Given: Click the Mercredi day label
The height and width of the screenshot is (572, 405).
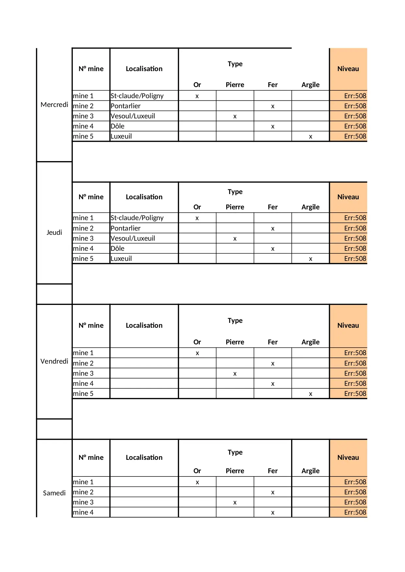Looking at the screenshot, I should [54, 105].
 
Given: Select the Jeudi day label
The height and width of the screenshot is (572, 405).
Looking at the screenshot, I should [54, 233].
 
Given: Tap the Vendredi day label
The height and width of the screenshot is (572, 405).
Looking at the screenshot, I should [54, 361].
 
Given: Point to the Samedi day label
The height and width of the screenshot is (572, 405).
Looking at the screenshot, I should [54, 493].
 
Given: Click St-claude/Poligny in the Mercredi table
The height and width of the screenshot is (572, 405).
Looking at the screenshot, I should [137, 96].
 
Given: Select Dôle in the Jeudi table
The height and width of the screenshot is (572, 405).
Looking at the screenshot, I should [117, 248].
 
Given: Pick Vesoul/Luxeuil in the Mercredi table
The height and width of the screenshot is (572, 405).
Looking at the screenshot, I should [133, 116].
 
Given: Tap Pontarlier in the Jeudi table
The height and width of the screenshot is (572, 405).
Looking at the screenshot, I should [126, 228].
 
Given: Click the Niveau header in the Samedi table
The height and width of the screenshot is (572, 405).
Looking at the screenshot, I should [348, 458].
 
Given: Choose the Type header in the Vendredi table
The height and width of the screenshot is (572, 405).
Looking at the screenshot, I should [235, 321].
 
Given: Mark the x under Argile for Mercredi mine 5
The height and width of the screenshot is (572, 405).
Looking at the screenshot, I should [310, 137].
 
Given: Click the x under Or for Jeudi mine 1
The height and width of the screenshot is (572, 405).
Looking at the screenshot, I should [197, 218].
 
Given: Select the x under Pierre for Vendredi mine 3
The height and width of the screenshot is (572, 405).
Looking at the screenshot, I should [235, 374].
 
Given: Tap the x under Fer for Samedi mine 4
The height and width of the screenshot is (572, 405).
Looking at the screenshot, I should [273, 513].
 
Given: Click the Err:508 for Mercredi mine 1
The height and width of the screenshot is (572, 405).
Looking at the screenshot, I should [355, 96].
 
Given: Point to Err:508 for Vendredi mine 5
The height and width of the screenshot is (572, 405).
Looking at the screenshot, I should [355, 394].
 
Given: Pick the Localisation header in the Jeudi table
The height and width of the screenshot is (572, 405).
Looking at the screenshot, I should [144, 197].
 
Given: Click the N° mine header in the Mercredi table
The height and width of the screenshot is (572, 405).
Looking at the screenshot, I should [91, 69].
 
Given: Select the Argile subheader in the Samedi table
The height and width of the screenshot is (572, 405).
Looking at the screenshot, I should [310, 471].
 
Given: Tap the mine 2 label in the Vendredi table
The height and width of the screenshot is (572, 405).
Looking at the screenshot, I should [83, 363].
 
